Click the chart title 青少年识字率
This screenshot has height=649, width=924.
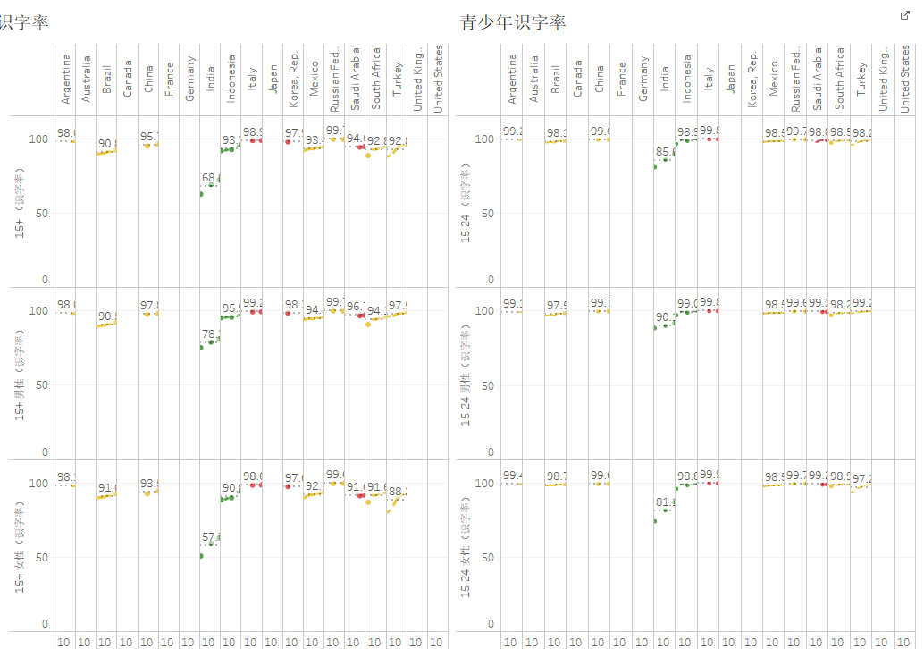tap(513, 22)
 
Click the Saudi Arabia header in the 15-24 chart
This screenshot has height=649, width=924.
tap(818, 78)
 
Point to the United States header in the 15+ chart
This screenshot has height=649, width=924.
tap(438, 80)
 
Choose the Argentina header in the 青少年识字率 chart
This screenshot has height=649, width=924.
tap(512, 80)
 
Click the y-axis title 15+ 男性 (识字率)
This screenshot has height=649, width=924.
tap(19, 375)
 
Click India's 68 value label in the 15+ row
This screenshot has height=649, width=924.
tap(211, 179)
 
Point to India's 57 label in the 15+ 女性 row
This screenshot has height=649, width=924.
tap(211, 537)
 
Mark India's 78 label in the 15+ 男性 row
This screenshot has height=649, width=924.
tap(211, 335)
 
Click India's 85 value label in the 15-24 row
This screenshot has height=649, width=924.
tap(664, 153)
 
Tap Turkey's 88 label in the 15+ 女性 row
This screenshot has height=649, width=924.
tap(398, 492)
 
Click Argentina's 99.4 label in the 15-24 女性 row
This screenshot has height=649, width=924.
tap(513, 476)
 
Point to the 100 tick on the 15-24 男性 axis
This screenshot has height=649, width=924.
tap(483, 311)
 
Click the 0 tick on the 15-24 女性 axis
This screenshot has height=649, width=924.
tap(490, 624)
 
